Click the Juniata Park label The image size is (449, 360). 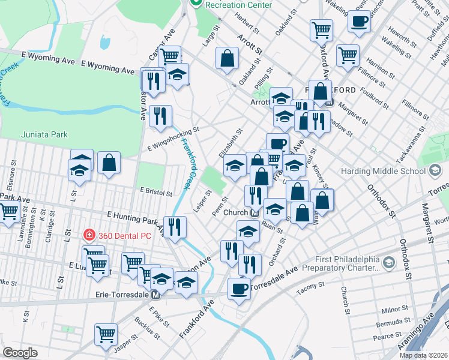point(44,134)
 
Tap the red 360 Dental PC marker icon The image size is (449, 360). point(89,235)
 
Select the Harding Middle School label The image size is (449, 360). point(383,171)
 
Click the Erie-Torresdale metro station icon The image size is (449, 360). point(155,295)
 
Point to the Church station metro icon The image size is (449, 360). point(255,212)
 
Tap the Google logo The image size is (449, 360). point(20,352)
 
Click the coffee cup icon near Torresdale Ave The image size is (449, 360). point(239,289)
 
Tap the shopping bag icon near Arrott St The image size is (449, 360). point(228,59)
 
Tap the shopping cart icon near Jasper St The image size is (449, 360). point(106,334)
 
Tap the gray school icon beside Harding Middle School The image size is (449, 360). point(435,171)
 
